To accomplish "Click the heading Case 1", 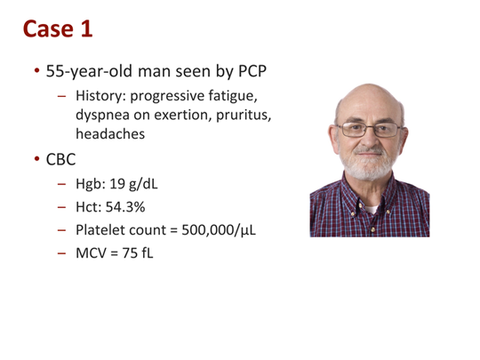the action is pos(58,28).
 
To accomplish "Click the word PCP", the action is pos(252,71).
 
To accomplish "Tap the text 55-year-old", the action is pos(90,72).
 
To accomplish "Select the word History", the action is pos(100,96).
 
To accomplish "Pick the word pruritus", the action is pos(244,115).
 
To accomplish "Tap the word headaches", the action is pos(110,134).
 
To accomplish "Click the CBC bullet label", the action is pos(60,159).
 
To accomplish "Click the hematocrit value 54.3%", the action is pos(125,207).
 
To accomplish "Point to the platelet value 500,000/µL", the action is pos(219,230).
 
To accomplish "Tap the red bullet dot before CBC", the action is pos(37,159).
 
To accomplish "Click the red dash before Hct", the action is pos(61,207).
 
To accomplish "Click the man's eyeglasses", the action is pos(369,130).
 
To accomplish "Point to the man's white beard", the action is pos(369,163).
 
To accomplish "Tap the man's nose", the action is pos(369,139).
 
